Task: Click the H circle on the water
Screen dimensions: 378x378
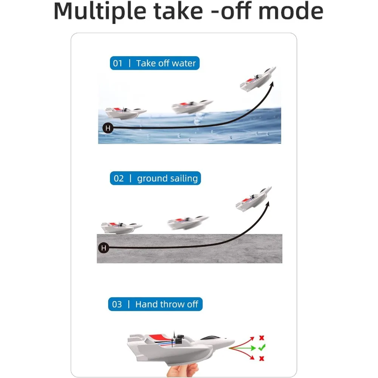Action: click(x=108, y=128)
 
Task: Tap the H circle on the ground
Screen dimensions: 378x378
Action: click(x=103, y=248)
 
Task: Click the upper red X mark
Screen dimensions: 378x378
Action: click(x=261, y=338)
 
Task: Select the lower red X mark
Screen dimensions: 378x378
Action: click(x=261, y=358)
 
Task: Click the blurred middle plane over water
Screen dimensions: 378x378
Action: click(x=192, y=106)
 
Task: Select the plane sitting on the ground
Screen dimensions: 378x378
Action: click(x=121, y=227)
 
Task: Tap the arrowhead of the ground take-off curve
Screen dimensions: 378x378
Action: click(x=268, y=204)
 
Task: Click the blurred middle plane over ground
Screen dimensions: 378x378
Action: click(x=188, y=223)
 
